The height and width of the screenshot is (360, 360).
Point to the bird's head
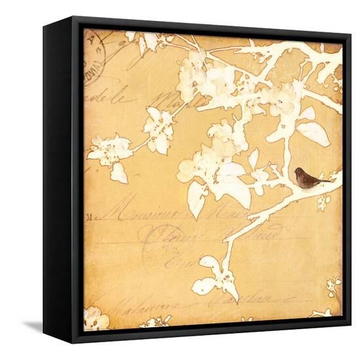point(298,173)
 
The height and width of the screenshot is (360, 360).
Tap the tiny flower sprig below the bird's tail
point(323,201)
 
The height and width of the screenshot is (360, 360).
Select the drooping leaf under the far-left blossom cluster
point(118,173)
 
